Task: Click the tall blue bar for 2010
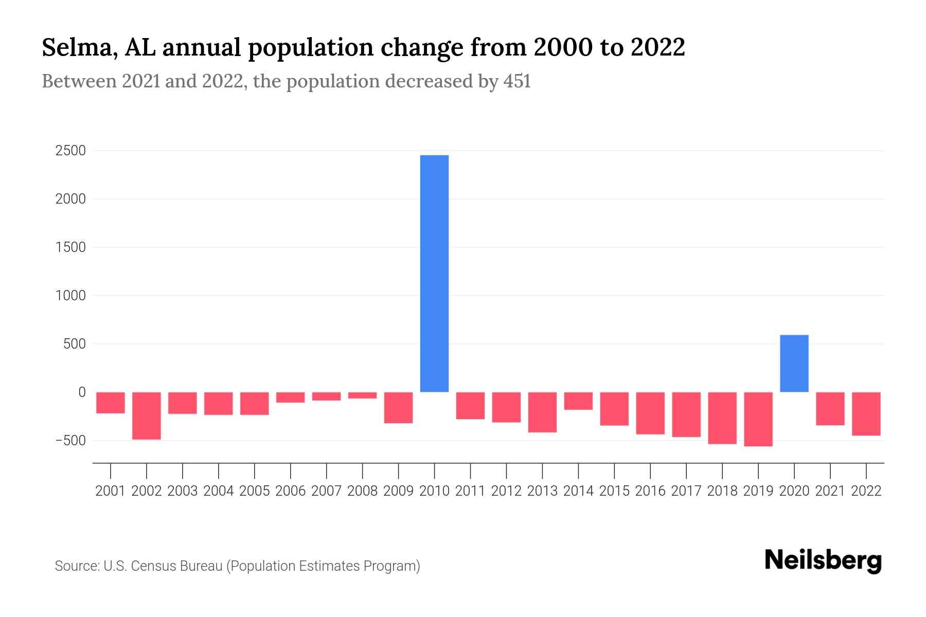pos(434,273)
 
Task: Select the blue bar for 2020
pos(794,363)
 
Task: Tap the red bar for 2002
pos(147,415)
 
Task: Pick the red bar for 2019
pos(758,419)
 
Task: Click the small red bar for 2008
pos(362,395)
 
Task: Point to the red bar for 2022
pos(866,413)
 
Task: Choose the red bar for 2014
pos(578,401)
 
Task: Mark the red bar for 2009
pos(398,407)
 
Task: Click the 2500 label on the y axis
pos(71,151)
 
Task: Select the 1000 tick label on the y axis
pos(71,296)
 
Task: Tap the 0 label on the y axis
pos(82,392)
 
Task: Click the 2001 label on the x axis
pos(111,491)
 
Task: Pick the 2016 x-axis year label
pos(650,491)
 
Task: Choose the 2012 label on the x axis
pos(506,491)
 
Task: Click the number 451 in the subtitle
pos(517,81)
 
